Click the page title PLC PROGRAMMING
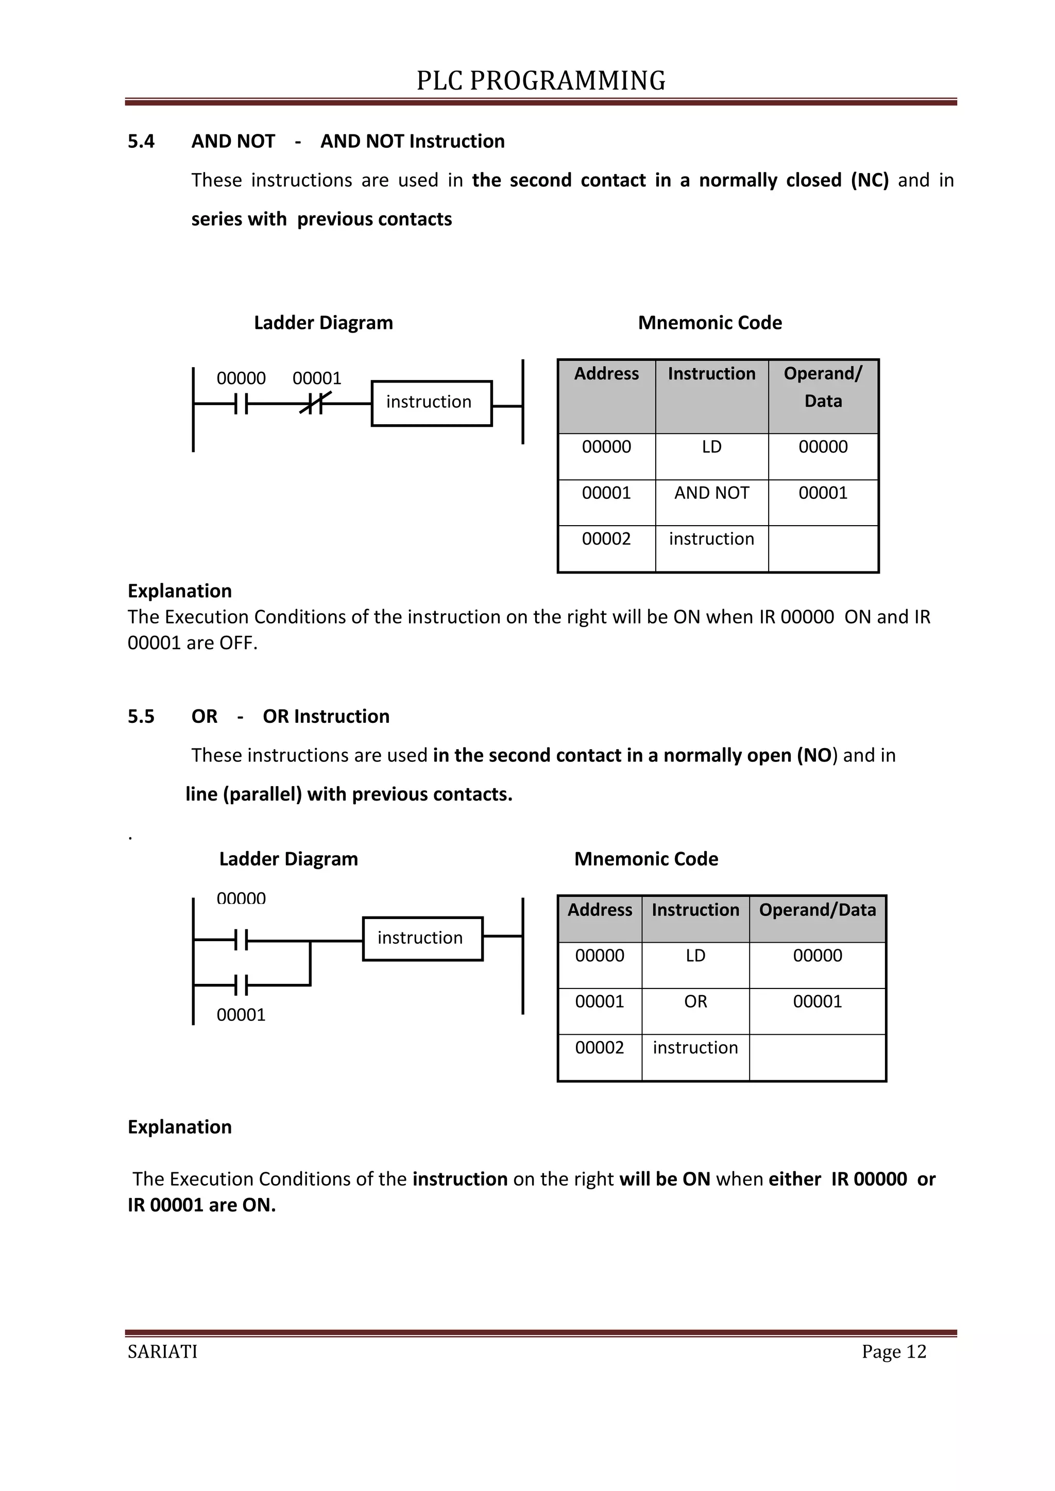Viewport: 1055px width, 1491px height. click(540, 80)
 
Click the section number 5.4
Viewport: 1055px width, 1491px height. click(141, 142)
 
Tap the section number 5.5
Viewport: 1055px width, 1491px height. click(141, 716)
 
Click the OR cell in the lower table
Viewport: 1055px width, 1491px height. click(695, 1001)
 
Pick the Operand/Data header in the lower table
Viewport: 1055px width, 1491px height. click(817, 910)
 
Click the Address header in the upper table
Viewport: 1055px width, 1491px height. click(606, 374)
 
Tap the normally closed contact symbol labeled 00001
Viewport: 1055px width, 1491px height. click(315, 404)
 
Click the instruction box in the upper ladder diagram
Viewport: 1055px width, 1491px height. click(431, 403)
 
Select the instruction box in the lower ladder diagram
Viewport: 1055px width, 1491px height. click(422, 939)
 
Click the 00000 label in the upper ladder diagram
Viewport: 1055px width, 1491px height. click(241, 378)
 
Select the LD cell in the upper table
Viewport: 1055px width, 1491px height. click(711, 447)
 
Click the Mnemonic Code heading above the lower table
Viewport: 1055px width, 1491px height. click(646, 859)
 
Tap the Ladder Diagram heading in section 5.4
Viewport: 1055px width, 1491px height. click(323, 323)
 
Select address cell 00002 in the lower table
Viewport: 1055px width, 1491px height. click(599, 1048)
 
